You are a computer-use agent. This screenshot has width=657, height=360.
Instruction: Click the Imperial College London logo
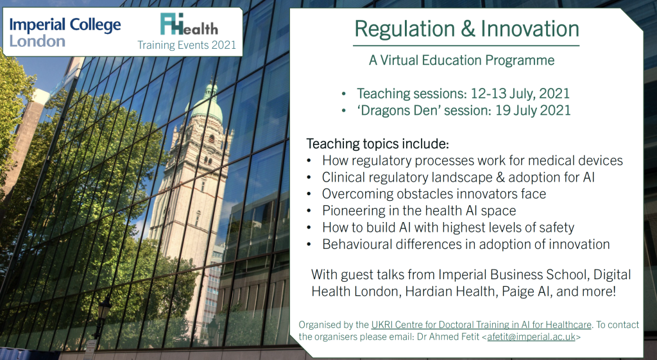(x=65, y=32)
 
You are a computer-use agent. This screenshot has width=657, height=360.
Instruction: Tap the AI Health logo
(x=189, y=24)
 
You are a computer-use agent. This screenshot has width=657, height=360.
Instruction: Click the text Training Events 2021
(x=187, y=45)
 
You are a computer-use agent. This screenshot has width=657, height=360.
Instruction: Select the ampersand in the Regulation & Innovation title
(x=467, y=29)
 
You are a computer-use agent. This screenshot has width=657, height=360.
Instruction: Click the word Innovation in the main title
(x=529, y=28)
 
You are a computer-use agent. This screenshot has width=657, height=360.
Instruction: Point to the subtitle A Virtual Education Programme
(x=461, y=60)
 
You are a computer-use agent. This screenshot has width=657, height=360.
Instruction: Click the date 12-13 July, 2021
(x=520, y=94)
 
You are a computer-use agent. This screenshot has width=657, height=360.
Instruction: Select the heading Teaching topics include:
(x=377, y=144)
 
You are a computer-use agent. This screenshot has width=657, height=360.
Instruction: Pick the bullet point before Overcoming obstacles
(x=309, y=194)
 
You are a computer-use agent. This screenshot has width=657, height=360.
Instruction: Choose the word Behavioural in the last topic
(x=362, y=244)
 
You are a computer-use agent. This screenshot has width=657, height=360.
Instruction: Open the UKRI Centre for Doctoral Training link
(x=481, y=325)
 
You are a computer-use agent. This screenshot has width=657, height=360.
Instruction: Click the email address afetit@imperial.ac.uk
(x=531, y=337)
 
